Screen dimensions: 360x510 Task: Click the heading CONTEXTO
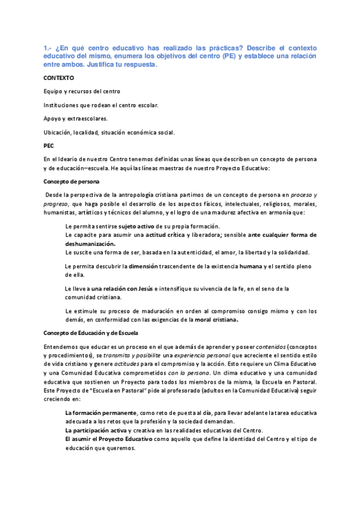click(59, 78)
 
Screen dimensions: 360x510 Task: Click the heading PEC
click(49, 146)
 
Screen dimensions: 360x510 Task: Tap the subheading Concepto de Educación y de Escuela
click(91, 333)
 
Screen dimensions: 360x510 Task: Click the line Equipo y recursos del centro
click(82, 91)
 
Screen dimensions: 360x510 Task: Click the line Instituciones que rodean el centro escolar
click(101, 105)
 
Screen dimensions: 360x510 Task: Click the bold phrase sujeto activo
click(136, 226)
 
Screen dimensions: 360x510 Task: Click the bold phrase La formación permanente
click(101, 413)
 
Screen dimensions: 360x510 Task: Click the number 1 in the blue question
click(46, 48)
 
